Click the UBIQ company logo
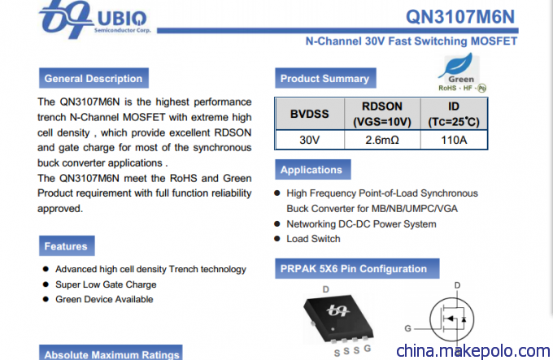tap(95, 19)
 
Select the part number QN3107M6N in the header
tap(460, 16)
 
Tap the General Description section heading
tap(94, 78)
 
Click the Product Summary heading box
tap(325, 78)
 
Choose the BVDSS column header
tap(310, 114)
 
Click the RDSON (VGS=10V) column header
tap(382, 114)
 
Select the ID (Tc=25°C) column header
tap(454, 114)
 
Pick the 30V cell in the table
tap(310, 140)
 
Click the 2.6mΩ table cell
tap(382, 140)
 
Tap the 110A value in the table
tap(454, 140)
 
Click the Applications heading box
tap(313, 169)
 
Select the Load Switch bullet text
tap(313, 239)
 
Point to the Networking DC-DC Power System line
tap(361, 224)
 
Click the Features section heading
tap(67, 246)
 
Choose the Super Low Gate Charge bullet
tap(106, 284)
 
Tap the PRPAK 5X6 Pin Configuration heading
tap(357, 269)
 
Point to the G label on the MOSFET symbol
tap(407, 328)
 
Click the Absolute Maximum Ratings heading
tap(111, 353)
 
